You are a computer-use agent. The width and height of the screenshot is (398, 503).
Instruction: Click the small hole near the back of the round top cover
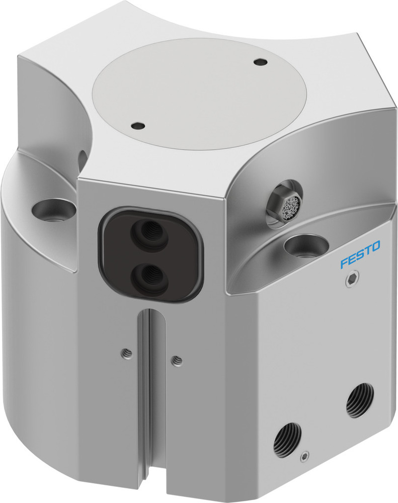[260, 62]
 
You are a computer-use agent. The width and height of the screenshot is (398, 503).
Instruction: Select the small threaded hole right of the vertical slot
[176, 360]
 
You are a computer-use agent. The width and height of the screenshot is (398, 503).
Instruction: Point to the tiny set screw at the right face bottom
[303, 457]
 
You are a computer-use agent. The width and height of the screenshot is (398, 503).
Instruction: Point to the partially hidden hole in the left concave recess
[82, 158]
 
